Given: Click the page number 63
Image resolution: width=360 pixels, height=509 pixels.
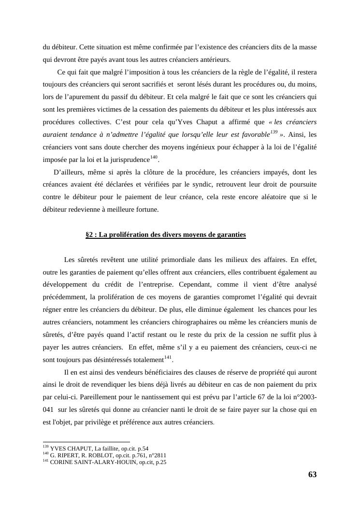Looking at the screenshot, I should click(312, 475).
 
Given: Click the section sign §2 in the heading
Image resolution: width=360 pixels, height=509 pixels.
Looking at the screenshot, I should click(90, 235).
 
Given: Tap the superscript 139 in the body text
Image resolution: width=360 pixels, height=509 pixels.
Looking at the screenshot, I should click(274, 132).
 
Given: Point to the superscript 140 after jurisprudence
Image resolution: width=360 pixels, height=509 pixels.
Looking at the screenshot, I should click(154, 157).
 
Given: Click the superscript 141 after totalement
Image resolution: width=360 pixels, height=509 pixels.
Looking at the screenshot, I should click(168, 357).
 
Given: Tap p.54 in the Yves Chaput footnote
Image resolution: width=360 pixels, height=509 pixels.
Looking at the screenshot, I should click(143, 449).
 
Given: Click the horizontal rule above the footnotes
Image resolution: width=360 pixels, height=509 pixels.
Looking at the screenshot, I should click(86, 442).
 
